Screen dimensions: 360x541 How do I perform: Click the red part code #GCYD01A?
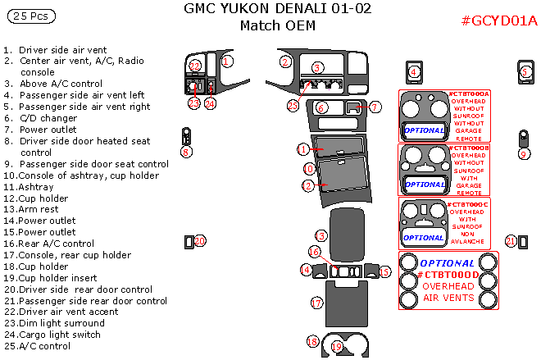click(x=499, y=21)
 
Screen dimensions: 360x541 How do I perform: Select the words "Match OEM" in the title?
click(x=277, y=25)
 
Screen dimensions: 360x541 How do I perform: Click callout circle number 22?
click(x=195, y=66)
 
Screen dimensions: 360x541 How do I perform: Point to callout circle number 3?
click(x=317, y=67)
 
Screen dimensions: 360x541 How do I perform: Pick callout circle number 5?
click(x=525, y=71)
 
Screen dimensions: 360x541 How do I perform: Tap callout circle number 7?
click(x=375, y=107)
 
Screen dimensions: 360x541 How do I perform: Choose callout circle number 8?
click(x=187, y=151)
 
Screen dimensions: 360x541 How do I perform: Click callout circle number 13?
click(x=321, y=235)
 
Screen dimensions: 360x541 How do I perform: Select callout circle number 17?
click(x=316, y=303)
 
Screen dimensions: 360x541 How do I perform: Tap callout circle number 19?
click(x=336, y=347)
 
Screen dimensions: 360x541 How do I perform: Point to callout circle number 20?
click(x=200, y=240)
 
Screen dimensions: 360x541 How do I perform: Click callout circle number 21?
click(x=511, y=240)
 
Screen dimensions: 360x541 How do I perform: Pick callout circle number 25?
click(x=293, y=105)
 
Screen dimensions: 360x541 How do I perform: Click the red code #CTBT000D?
click(x=446, y=275)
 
